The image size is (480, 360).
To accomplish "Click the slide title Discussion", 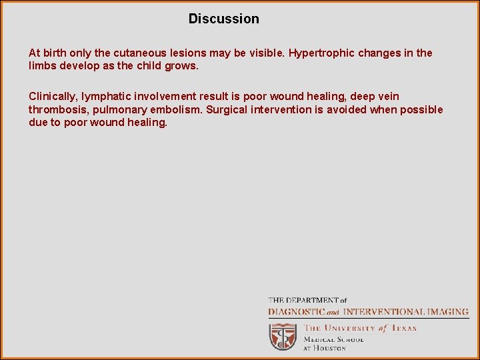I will [223, 19].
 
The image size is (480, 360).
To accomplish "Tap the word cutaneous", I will [136, 53].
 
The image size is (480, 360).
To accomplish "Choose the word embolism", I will [177, 109].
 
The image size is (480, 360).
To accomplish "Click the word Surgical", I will [227, 109].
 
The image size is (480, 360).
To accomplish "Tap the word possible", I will [419, 109].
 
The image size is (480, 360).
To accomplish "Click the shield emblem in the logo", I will [283, 336].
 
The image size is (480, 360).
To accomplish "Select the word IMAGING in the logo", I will [445, 311].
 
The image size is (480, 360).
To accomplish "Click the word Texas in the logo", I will [403, 327].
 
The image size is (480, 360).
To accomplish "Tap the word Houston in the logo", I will [330, 347].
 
